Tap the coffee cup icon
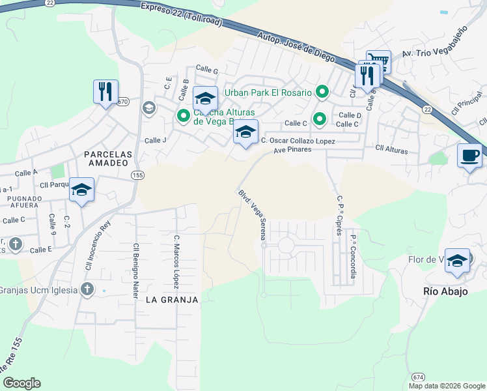tap(470, 156)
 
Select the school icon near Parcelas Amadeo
tap(81, 190)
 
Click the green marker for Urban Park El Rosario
tap(321, 93)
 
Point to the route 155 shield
tap(137, 176)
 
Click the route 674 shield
tap(417, 377)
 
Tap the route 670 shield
tap(123, 102)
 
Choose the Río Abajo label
tap(446, 291)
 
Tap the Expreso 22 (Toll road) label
tap(182, 13)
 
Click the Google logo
tap(21, 383)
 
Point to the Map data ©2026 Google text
tap(446, 386)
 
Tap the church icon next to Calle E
tap(16, 245)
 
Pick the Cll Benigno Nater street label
tap(136, 270)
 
